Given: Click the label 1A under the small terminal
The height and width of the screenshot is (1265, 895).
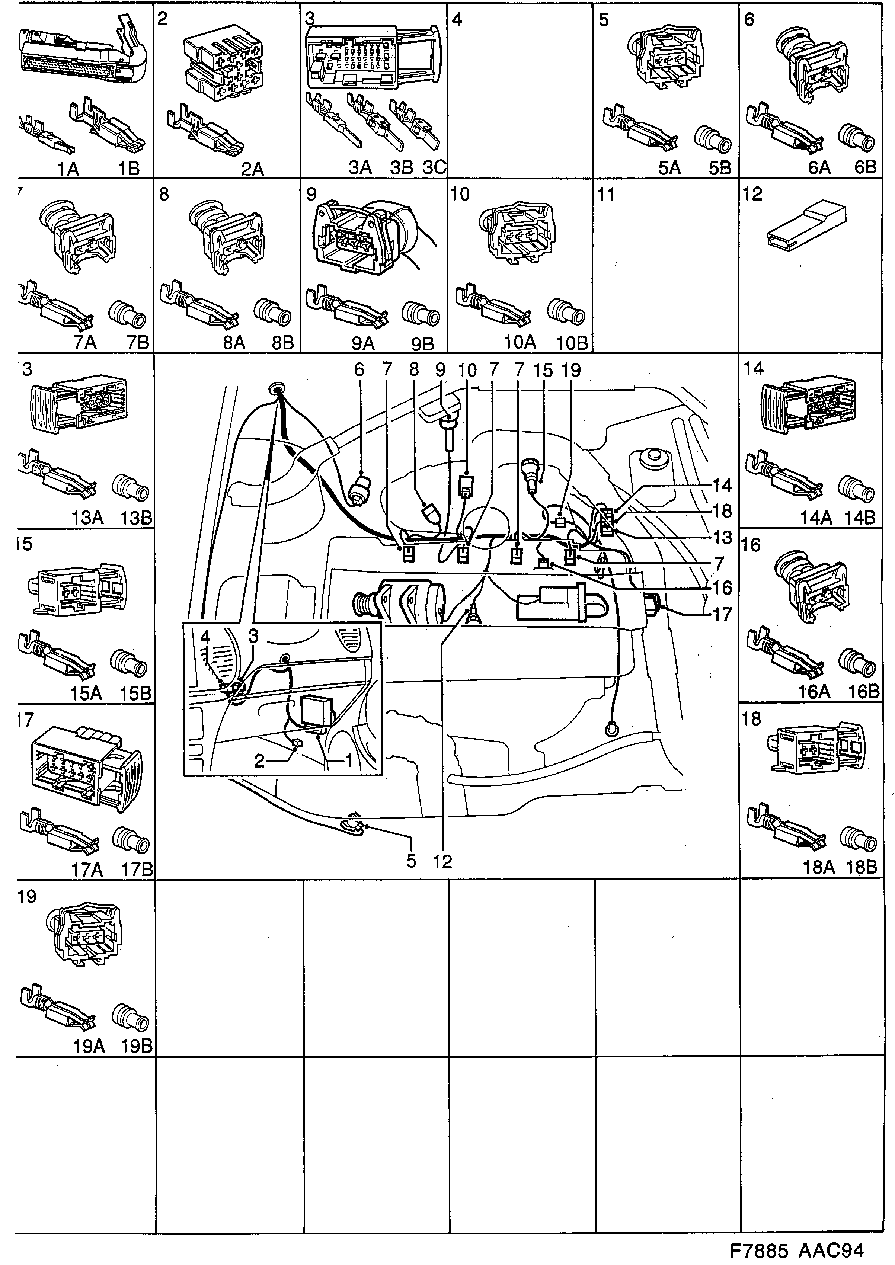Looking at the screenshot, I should (x=68, y=169).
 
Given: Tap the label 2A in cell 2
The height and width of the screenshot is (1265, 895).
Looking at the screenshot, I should (x=252, y=169).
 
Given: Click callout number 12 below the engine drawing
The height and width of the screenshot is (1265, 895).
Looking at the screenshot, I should (x=442, y=861).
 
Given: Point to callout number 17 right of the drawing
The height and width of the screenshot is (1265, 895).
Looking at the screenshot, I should (x=722, y=614).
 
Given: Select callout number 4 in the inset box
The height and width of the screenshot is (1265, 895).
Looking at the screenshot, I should (x=205, y=637).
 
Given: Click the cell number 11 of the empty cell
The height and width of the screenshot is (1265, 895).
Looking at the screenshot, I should (x=606, y=195).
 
